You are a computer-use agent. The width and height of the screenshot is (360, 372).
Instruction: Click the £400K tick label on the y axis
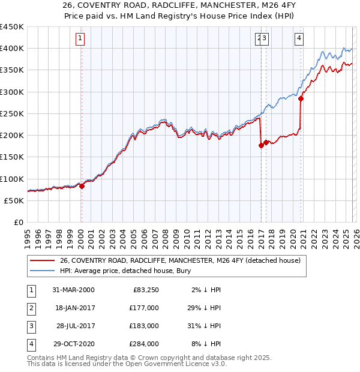12,49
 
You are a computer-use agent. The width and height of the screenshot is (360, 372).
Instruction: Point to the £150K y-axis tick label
12,157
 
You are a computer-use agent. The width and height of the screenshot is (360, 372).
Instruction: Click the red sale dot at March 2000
82,186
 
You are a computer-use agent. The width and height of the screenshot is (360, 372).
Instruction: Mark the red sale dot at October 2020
301,99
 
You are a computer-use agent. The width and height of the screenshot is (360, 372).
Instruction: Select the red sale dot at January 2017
261,145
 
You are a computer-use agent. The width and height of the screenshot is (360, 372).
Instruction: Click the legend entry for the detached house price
184,260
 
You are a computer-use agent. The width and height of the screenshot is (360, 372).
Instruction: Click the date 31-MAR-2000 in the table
73,290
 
